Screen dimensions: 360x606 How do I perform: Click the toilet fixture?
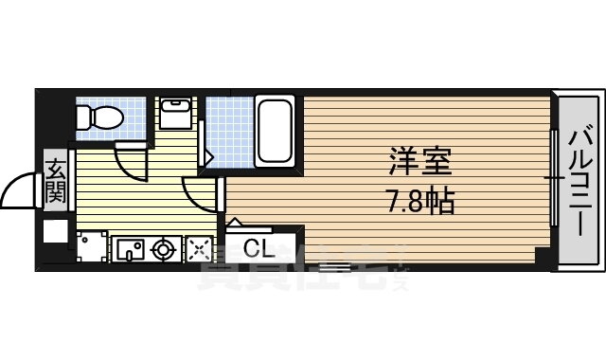point(98,117)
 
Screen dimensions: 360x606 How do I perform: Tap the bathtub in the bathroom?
point(274,131)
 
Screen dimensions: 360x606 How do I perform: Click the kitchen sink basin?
point(130,249)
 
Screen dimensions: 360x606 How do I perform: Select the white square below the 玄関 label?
point(55,230)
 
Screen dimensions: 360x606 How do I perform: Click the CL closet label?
point(258,249)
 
